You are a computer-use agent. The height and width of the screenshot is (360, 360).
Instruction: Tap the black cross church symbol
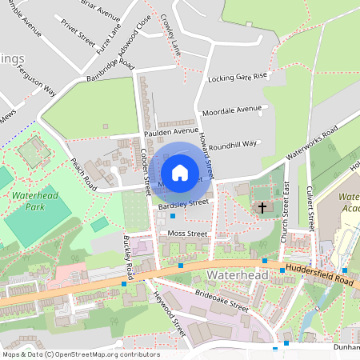[x=262, y=208]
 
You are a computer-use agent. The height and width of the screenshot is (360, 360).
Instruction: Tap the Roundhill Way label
[x=232, y=144]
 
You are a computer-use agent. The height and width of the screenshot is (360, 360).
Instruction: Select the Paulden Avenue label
[x=170, y=130]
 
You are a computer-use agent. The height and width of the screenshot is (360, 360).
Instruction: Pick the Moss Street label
[x=187, y=234]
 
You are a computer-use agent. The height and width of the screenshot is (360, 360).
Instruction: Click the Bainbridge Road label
[x=110, y=72]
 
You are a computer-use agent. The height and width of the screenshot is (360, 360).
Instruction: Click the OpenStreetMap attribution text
[x=81, y=354]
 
